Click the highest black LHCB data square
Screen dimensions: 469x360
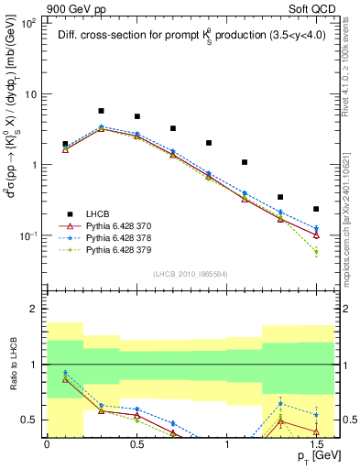coord(101,111)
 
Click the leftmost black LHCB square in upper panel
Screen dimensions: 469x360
coord(65,144)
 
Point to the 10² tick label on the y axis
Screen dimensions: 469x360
coord(28,23)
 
